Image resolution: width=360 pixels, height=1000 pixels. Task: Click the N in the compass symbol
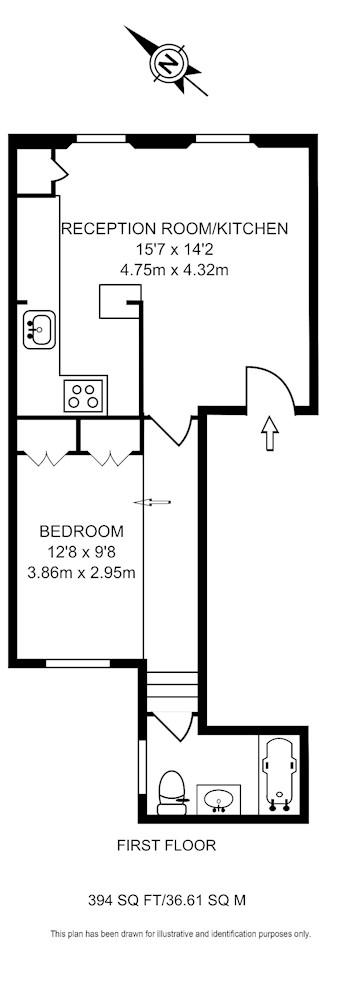168,62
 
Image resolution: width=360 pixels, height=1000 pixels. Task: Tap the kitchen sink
39,329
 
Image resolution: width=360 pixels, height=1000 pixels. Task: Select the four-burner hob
85,394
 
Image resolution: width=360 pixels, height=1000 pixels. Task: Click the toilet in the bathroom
171,793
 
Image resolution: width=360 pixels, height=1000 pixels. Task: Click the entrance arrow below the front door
271,434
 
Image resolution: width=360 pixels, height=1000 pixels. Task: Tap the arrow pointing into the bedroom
152,503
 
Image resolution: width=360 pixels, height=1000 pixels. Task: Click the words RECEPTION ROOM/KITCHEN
174,228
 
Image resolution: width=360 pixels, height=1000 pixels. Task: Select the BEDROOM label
82,531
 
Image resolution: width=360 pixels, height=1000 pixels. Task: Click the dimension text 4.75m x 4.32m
174,270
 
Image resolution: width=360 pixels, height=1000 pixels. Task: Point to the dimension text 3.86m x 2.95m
82,572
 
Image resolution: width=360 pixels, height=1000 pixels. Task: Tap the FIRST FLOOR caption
167,846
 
